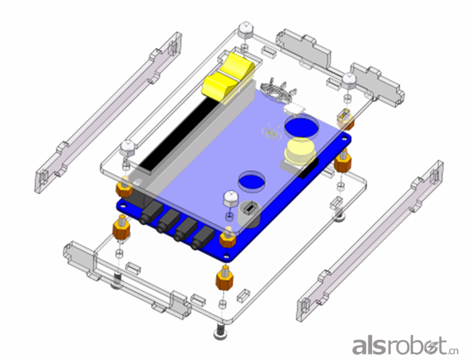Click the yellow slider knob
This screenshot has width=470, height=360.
[x=229, y=78]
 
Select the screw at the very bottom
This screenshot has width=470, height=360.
[x=220, y=332]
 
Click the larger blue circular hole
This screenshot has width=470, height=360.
[x=301, y=126]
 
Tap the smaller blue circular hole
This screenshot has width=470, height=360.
[x=252, y=181]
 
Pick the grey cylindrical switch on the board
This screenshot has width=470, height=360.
[x=249, y=214]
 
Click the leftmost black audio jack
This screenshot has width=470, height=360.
[x=151, y=212]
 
